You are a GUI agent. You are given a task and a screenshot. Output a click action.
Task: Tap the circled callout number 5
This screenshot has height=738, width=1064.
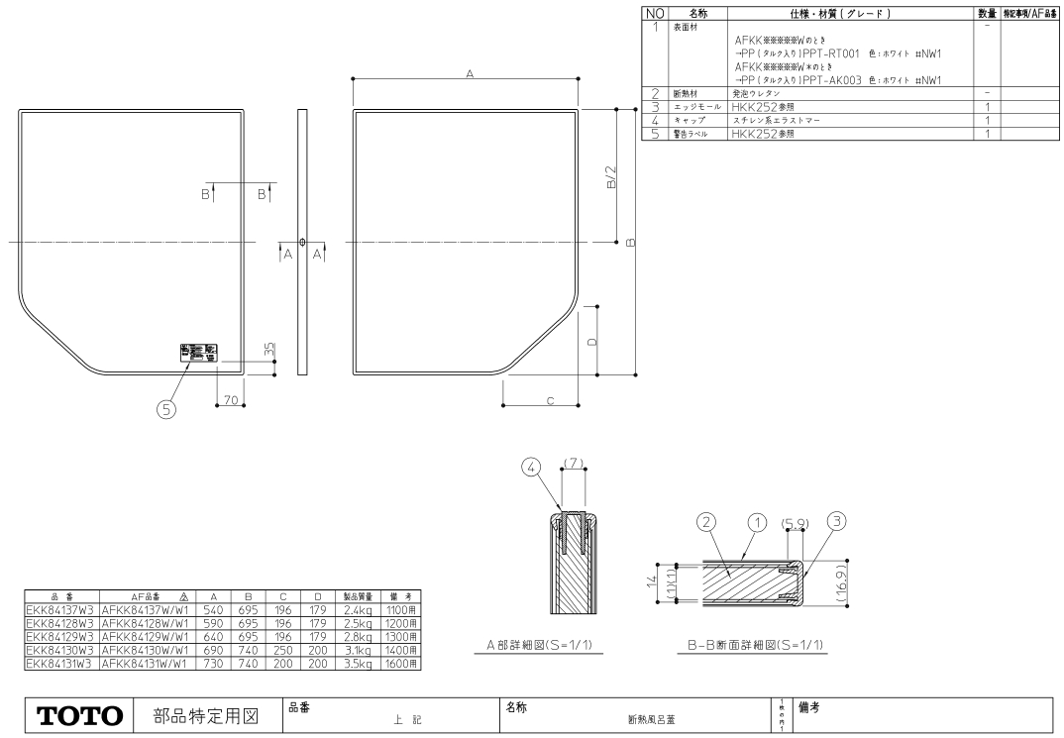click(166, 407)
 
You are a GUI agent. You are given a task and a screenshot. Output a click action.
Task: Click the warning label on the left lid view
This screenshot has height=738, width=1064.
click(200, 353)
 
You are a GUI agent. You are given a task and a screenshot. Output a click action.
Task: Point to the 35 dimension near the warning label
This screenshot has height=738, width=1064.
click(268, 352)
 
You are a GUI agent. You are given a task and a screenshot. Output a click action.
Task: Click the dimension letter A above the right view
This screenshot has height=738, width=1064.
click(468, 73)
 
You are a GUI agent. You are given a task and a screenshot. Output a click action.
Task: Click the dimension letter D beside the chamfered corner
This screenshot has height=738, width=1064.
click(592, 342)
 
